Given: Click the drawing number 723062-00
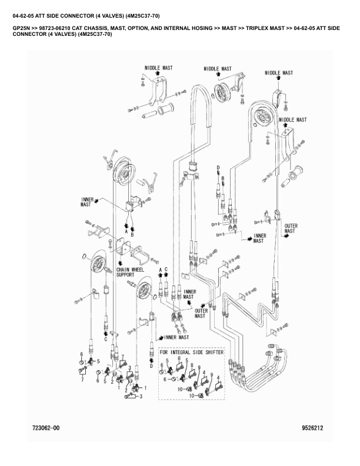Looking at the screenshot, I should (46, 428).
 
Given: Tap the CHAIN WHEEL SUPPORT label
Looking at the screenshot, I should (130, 272).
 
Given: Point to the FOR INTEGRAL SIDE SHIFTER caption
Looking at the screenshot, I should (192, 352).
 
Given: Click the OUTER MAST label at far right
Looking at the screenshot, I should (291, 228).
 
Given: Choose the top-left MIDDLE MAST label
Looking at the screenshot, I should (158, 68).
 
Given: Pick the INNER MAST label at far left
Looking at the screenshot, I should (87, 202).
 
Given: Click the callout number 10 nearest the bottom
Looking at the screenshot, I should (192, 397).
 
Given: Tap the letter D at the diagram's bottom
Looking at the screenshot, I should (151, 365).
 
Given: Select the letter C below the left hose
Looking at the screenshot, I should (106, 339).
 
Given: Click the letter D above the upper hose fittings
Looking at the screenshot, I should (218, 168).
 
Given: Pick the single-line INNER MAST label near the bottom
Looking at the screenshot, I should (176, 338).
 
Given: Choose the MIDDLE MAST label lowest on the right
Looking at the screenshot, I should (292, 119).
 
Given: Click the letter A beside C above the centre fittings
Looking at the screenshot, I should (160, 269).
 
